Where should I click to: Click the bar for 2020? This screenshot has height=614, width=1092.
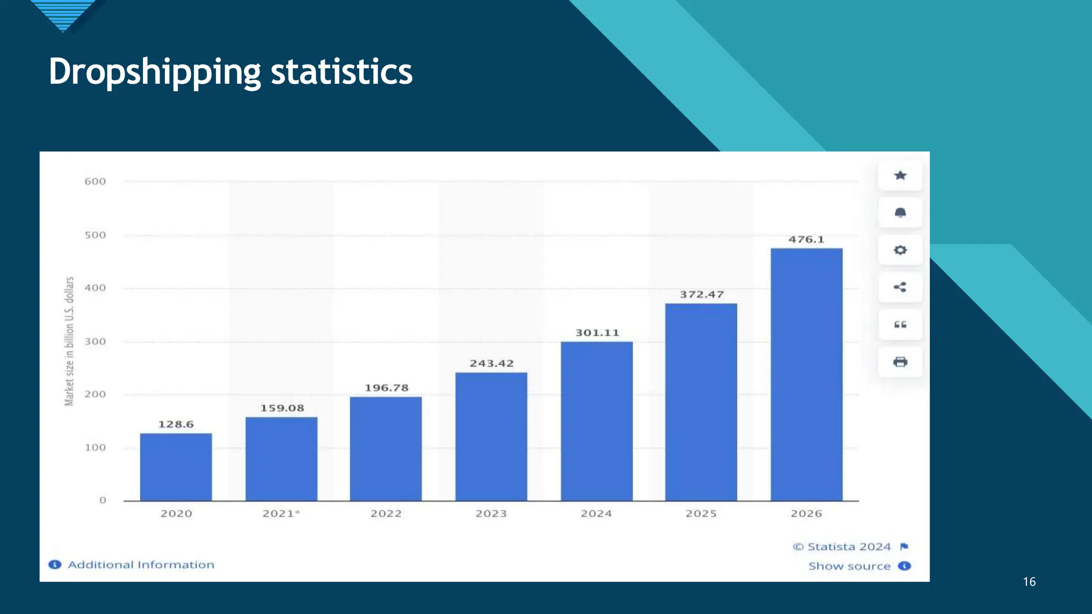point(176,467)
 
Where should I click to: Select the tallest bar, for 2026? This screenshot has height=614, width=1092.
point(806,374)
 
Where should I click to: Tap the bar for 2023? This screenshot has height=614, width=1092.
point(491,437)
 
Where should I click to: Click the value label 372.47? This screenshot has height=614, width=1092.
point(702,294)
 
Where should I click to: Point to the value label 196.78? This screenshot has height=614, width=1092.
point(387,388)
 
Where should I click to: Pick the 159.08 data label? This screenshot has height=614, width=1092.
point(282,408)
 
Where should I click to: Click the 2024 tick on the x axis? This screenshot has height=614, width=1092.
point(596,514)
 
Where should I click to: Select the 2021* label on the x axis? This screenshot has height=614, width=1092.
point(281,514)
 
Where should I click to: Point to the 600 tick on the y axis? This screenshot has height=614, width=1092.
point(95,182)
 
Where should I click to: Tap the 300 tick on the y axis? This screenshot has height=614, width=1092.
point(95,342)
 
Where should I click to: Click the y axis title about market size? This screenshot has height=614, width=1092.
point(69,341)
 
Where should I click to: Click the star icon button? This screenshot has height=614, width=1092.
point(900,175)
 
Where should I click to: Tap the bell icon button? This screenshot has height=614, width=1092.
point(900,213)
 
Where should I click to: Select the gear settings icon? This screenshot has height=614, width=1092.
point(900,250)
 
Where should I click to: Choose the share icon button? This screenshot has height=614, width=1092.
point(900,287)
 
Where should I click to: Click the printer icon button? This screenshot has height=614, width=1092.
point(900,362)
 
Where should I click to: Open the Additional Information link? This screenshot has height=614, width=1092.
point(141,565)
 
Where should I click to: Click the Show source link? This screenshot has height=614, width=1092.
point(849,566)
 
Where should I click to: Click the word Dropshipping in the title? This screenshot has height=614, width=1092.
point(155,72)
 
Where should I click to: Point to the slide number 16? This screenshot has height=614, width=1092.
point(1029,582)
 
